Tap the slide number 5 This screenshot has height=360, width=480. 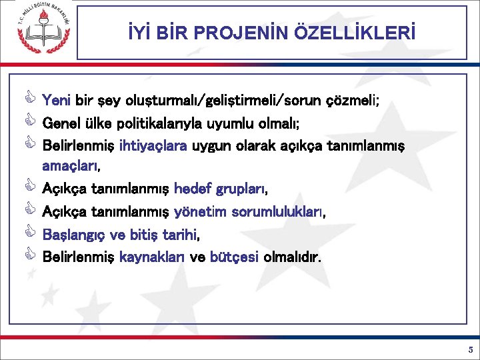tap(470, 349)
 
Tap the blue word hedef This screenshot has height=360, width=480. tap(192, 190)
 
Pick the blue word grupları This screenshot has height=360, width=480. tap(240, 190)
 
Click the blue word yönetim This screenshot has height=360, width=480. tap(199, 212)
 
